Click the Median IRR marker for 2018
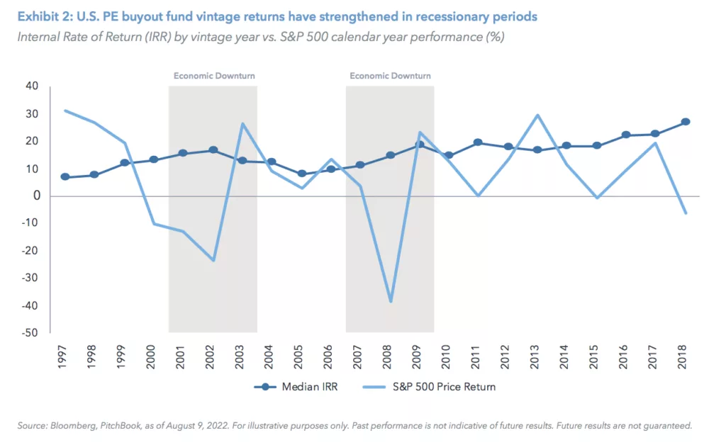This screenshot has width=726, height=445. coord(686,122)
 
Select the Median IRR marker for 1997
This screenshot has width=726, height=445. coord(65,177)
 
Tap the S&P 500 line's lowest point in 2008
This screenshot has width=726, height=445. coord(390,301)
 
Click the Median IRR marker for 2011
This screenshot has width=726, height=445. coord(479,142)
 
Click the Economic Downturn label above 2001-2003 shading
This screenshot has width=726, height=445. coord(214,76)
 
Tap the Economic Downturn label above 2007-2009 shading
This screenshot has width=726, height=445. coord(390,76)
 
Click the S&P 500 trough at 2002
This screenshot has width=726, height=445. coord(213,260)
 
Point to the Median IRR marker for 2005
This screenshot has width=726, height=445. coord(302,174)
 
